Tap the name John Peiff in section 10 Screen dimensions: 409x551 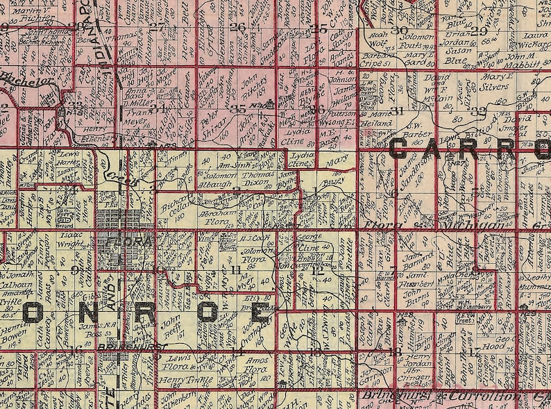171,326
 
